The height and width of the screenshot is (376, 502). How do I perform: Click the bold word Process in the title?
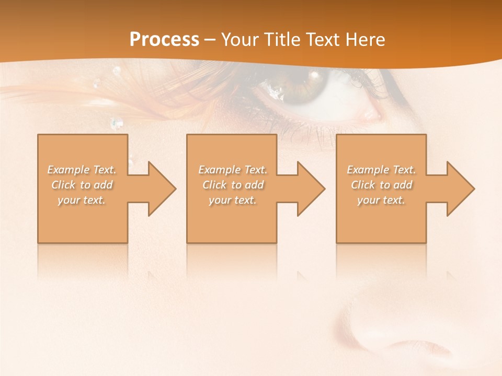164,40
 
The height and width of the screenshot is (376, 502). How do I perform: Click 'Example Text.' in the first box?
82,170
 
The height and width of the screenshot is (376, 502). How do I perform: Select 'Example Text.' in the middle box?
233,170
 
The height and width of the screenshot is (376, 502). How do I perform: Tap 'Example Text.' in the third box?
381,170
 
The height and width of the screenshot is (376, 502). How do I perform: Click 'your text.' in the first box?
82,200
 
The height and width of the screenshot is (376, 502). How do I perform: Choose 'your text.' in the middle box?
233,200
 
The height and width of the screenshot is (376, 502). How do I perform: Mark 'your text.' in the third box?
381,200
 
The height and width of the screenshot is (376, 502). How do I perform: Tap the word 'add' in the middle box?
254,185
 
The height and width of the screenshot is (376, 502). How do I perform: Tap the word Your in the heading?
238,40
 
